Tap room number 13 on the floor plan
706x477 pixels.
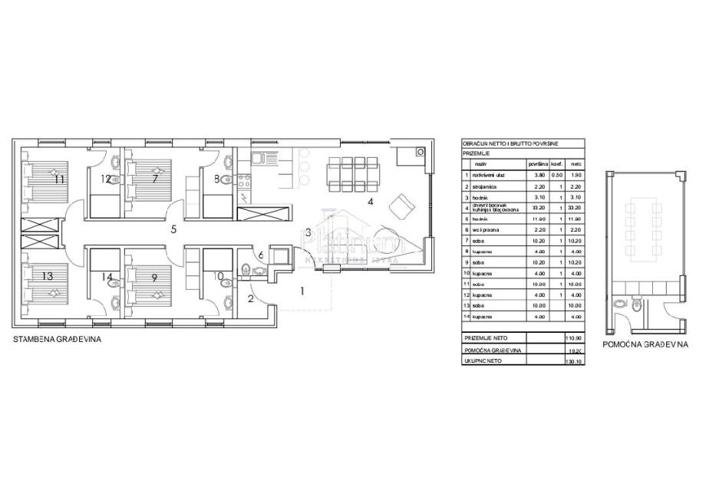click(47, 275)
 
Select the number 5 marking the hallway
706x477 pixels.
click(174, 228)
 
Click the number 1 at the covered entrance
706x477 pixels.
click(302, 290)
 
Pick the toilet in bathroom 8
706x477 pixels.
click(226, 179)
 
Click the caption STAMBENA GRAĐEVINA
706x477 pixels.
click(58, 338)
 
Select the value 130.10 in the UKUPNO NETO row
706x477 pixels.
click(574, 360)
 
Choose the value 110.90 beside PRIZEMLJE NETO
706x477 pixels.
click(574, 337)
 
